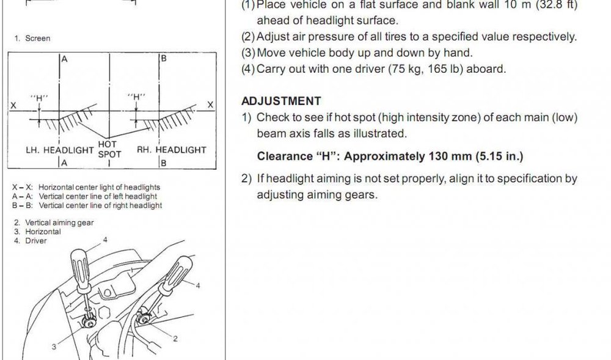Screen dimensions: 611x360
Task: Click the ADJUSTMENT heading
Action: point(281,101)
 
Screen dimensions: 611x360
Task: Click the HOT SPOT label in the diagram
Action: point(109,150)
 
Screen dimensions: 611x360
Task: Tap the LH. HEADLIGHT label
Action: point(60,150)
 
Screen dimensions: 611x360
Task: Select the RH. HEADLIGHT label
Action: point(172,150)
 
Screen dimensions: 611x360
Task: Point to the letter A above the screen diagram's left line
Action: point(64,59)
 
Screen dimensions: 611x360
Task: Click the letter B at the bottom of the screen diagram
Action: point(164,163)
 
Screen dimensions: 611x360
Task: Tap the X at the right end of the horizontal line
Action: point(210,105)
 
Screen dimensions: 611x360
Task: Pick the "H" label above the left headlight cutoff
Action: point(39,97)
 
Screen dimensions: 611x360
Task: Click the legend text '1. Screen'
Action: point(32,38)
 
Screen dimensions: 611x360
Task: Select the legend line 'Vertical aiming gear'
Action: point(59,222)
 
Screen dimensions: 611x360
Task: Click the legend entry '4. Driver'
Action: point(31,241)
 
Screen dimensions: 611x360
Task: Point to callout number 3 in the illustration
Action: point(54,347)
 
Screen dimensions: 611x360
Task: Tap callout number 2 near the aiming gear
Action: point(175,339)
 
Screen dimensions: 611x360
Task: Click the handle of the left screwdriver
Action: point(81,268)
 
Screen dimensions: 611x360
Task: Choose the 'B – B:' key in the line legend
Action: point(23,205)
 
